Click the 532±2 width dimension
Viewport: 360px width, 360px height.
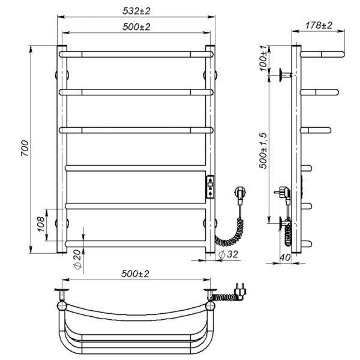click(x=136, y=11)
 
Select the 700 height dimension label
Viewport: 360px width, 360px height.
click(x=25, y=148)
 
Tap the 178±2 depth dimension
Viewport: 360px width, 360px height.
click(x=319, y=25)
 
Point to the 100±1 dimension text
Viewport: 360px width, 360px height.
click(x=264, y=58)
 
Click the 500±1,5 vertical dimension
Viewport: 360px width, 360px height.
click(x=263, y=151)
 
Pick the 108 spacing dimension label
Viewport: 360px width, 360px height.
click(x=41, y=224)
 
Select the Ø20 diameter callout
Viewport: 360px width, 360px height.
click(x=77, y=259)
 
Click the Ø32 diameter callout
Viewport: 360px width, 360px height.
click(x=228, y=254)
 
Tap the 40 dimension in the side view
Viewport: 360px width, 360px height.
click(x=286, y=257)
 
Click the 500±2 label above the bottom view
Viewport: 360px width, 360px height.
click(x=136, y=274)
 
